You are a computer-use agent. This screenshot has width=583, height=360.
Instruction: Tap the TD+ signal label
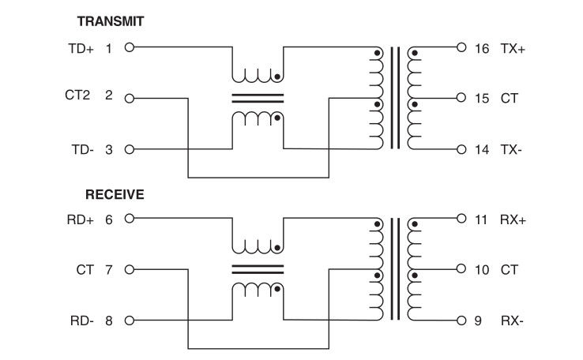click(x=81, y=49)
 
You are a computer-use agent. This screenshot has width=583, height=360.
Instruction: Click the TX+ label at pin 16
click(x=513, y=48)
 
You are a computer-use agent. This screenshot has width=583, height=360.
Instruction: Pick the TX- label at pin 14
click(x=511, y=149)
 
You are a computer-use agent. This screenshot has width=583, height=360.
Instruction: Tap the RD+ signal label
click(x=81, y=220)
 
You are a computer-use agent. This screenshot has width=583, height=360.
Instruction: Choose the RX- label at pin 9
click(x=511, y=321)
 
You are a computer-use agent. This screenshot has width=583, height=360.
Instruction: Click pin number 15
click(x=482, y=99)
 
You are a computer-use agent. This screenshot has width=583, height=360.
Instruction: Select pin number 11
click(x=482, y=220)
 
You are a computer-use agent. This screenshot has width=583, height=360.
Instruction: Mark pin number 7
click(x=109, y=270)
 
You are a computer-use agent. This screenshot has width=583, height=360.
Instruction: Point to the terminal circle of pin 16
click(x=461, y=48)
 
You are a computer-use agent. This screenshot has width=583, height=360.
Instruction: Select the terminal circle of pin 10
click(x=461, y=271)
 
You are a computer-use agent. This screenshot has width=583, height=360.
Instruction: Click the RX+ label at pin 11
click(x=513, y=220)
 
